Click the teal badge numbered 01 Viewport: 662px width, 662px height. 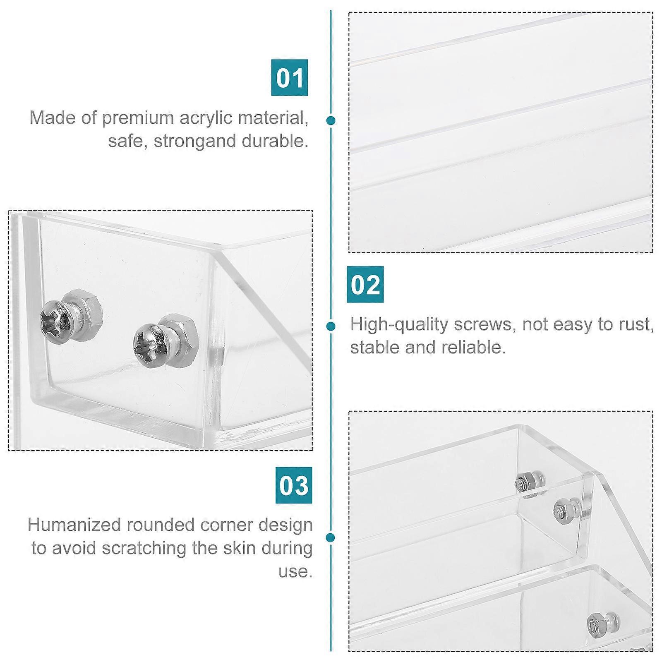click(x=290, y=77)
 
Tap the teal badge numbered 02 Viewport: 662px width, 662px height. click(x=365, y=284)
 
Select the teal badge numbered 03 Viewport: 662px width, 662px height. click(x=294, y=485)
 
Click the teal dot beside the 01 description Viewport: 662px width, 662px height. click(x=331, y=120)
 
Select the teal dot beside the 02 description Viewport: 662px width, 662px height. click(x=331, y=326)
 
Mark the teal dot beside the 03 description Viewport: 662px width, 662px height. click(x=331, y=537)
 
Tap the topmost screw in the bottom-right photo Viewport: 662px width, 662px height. click(x=530, y=482)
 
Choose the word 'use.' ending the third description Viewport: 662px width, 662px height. click(x=295, y=571)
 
